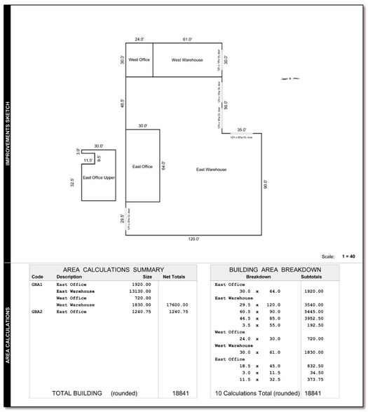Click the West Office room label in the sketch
(x=139, y=60)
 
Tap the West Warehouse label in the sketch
(x=187, y=60)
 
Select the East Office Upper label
(x=99, y=178)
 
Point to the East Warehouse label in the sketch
(x=211, y=170)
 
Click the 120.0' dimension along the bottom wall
(x=194, y=239)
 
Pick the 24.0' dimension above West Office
(x=139, y=40)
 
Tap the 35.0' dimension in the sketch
(x=241, y=130)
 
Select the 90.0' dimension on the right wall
(x=266, y=186)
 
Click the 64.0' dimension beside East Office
(x=163, y=167)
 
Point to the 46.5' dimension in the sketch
(x=122, y=102)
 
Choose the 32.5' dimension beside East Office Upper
(x=74, y=184)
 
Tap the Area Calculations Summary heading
(x=114, y=269)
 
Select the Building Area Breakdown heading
(x=275, y=269)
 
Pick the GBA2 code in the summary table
(x=37, y=312)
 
